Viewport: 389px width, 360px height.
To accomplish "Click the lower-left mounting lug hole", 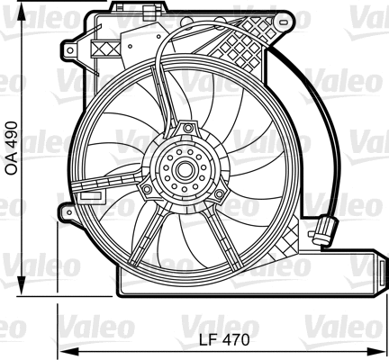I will point(67,212).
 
